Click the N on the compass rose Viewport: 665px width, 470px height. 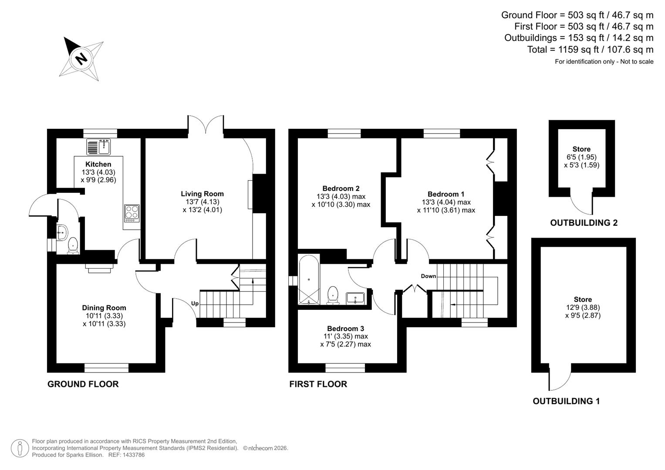[x=81, y=58]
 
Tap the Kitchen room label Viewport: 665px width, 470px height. [x=98, y=164]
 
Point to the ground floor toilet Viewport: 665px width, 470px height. [x=73, y=245]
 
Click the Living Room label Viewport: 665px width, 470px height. [x=202, y=194]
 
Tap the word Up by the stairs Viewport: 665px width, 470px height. [x=195, y=303]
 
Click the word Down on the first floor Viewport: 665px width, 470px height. [x=428, y=276]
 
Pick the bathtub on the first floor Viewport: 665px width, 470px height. [x=309, y=280]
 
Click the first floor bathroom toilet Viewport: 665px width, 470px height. [x=333, y=295]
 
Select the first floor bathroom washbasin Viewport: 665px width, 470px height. [x=355, y=298]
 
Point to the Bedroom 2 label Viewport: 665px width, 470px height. [x=341, y=188]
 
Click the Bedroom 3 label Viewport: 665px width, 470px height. [x=345, y=329]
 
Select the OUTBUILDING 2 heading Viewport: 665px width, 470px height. [x=584, y=223]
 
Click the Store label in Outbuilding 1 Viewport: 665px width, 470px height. [x=582, y=299]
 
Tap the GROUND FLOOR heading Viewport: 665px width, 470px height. [x=83, y=384]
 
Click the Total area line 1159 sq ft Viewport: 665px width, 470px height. [x=590, y=50]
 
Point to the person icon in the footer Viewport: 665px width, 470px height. [x=20, y=448]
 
